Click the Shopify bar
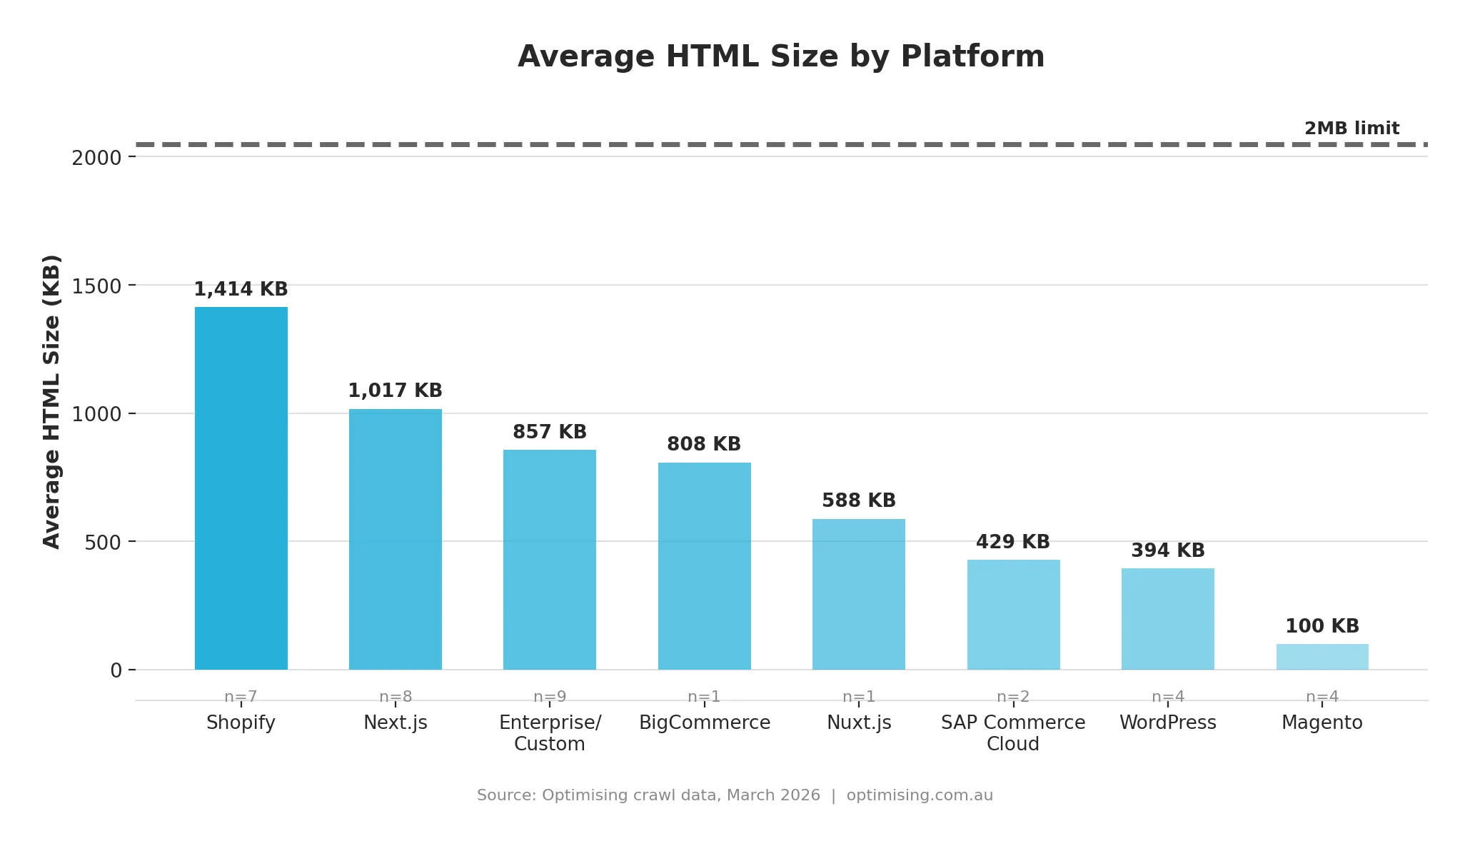[x=241, y=488]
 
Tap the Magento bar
[x=1322, y=657]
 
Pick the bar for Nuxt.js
[x=858, y=594]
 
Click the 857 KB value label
[x=549, y=432]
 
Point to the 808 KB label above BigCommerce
[x=703, y=444]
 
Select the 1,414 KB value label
[x=241, y=289]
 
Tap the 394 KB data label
[x=1167, y=550]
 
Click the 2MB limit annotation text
[x=1351, y=129]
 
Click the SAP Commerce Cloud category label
[x=1012, y=733]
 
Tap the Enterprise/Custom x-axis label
[x=549, y=733]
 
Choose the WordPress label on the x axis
[x=1167, y=722]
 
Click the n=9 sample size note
[x=549, y=697]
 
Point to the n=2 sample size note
[x=1012, y=697]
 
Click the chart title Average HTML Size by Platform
[x=780, y=56]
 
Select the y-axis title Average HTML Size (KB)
[x=51, y=402]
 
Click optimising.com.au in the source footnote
[x=919, y=795]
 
